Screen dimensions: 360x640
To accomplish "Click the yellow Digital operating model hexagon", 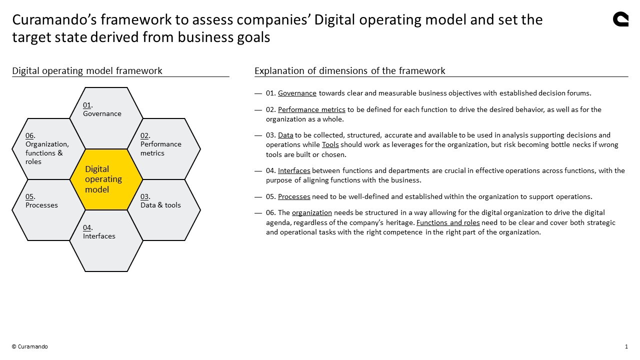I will (106, 179).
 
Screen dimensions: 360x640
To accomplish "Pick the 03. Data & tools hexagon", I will (164, 210).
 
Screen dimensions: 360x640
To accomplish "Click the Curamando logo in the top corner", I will (620, 19).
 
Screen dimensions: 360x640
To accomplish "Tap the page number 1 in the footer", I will (626, 346).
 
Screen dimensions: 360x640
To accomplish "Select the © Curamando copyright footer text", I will (30, 346).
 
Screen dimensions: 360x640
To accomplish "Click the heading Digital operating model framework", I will (87, 70).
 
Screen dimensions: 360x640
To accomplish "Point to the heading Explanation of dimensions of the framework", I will (349, 70).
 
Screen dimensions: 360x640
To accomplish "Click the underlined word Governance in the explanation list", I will (297, 93).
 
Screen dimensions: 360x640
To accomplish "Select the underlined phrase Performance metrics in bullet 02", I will (311, 109).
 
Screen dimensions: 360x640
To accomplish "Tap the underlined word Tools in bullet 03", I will (330, 144).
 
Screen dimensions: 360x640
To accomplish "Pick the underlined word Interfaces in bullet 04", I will (294, 170).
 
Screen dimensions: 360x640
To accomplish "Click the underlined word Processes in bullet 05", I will (294, 196).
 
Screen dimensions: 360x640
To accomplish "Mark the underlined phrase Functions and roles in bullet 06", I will (448, 222).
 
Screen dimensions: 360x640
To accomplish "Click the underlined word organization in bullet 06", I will (312, 212).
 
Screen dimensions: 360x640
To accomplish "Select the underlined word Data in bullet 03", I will (285, 135).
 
